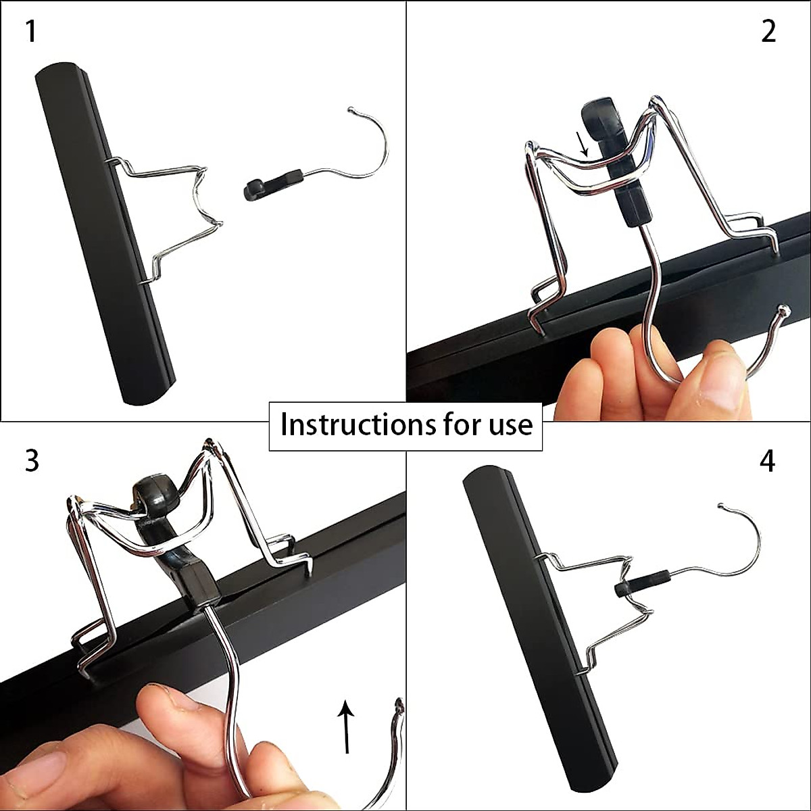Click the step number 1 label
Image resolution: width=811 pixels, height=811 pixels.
click(30, 32)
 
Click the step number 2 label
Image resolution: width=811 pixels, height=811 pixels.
click(768, 32)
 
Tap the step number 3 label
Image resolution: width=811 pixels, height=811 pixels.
click(32, 461)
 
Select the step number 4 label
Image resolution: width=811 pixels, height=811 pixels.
click(767, 461)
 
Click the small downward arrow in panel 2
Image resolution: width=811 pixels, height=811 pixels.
click(583, 144)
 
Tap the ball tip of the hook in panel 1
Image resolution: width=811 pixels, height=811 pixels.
click(350, 109)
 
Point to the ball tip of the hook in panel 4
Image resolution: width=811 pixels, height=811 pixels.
click(721, 506)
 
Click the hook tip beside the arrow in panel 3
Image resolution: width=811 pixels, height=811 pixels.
click(399, 706)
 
